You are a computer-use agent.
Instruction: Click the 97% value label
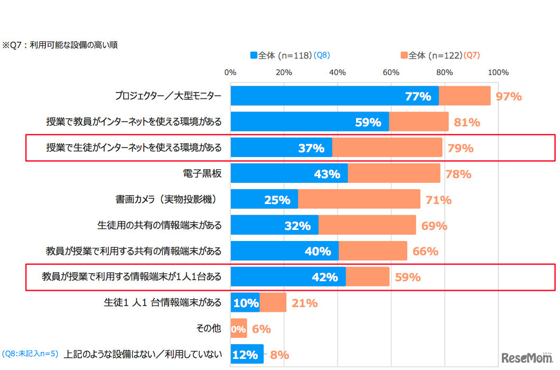click(x=509, y=96)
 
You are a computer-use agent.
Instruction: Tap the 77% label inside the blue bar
click(x=418, y=96)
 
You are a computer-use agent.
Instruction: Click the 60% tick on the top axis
click(x=391, y=72)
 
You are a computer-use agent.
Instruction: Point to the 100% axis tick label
click(x=498, y=72)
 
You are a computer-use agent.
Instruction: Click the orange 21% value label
click(x=304, y=303)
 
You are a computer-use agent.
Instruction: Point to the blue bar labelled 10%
click(x=245, y=303)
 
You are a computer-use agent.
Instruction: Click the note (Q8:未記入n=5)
click(x=30, y=354)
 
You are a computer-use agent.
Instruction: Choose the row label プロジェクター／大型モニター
click(x=168, y=96)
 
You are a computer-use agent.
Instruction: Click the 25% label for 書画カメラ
click(x=277, y=200)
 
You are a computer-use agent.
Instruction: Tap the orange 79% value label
click(x=460, y=148)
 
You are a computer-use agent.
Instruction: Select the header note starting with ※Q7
click(x=60, y=45)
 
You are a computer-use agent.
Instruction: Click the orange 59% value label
click(x=407, y=277)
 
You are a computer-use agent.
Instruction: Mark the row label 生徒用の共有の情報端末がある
click(x=159, y=226)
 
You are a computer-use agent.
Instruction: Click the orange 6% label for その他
click(x=261, y=329)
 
